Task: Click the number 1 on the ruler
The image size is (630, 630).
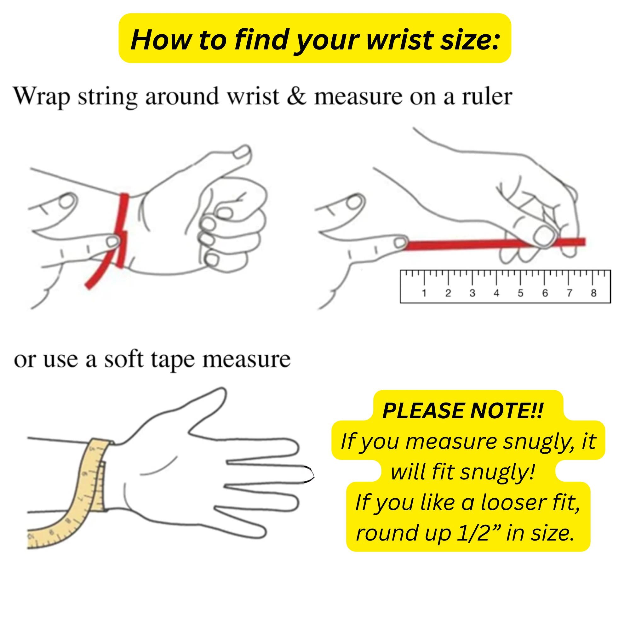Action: [424, 293]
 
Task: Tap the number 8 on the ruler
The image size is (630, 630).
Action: [593, 293]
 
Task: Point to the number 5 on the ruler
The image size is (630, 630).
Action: [520, 293]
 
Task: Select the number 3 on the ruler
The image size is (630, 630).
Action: [472, 293]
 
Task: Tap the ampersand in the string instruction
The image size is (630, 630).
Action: [297, 97]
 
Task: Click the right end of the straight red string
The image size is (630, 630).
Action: [585, 242]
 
